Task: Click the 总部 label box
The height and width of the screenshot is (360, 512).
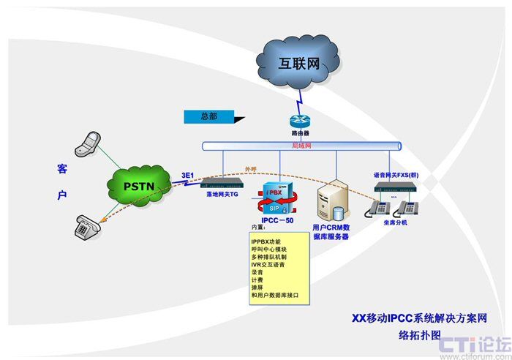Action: [208, 116]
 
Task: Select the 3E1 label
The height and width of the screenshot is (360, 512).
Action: [188, 176]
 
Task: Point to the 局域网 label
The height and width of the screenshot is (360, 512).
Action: [301, 146]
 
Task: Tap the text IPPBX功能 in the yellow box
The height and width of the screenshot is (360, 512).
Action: [266, 241]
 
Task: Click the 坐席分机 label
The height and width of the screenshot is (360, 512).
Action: [394, 222]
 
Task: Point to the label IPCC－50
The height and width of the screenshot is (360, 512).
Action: [278, 220]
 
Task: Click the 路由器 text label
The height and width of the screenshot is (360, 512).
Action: [300, 135]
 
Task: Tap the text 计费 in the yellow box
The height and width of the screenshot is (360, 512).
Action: [257, 280]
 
